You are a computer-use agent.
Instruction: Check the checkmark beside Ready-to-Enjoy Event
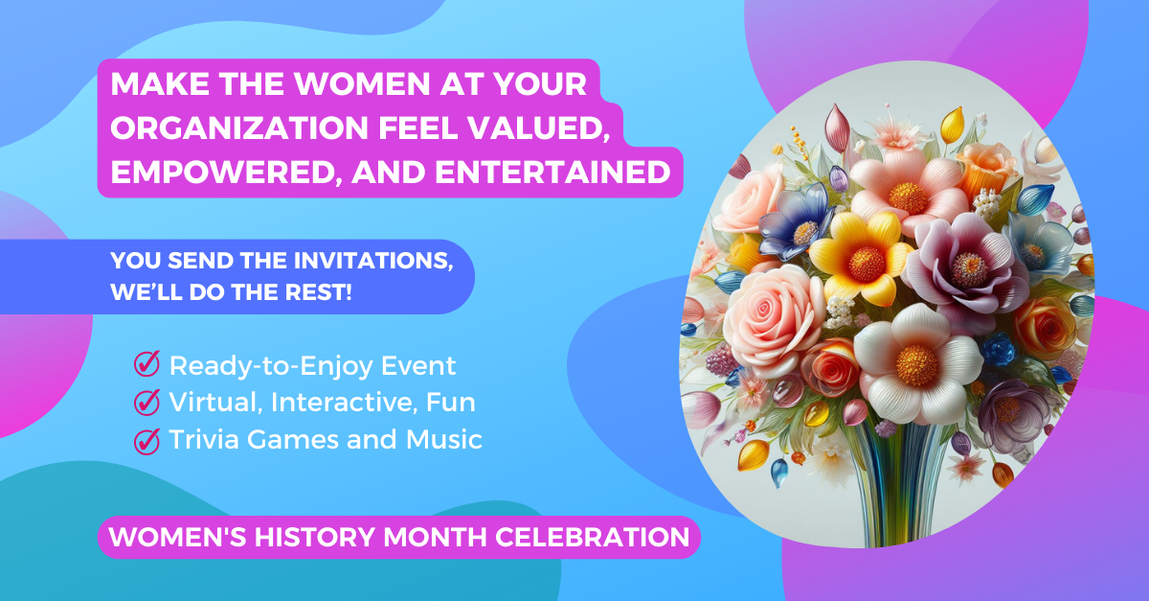coord(146,365)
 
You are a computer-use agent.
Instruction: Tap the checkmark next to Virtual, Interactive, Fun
coord(146,403)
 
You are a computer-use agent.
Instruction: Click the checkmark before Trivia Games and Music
coord(146,440)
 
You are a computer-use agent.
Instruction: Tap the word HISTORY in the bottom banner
coord(316,537)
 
